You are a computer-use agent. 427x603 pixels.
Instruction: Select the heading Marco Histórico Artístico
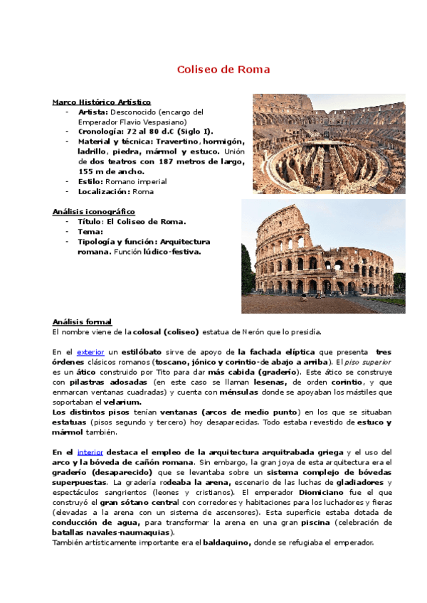pyautogui.click(x=101, y=102)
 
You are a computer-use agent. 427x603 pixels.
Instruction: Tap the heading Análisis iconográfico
pyautogui.click(x=93, y=212)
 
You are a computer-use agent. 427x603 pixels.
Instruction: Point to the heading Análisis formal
pyautogui.click(x=82, y=321)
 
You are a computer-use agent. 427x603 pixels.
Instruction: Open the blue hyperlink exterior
pyautogui.click(x=90, y=352)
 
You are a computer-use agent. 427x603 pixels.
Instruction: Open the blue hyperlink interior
pyautogui.click(x=90, y=452)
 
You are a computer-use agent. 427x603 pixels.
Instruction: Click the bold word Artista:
pyautogui.click(x=93, y=112)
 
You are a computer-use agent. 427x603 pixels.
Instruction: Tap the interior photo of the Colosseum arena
pyautogui.click(x=329, y=144)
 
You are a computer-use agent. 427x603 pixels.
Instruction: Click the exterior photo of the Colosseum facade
pyautogui.click(x=323, y=256)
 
